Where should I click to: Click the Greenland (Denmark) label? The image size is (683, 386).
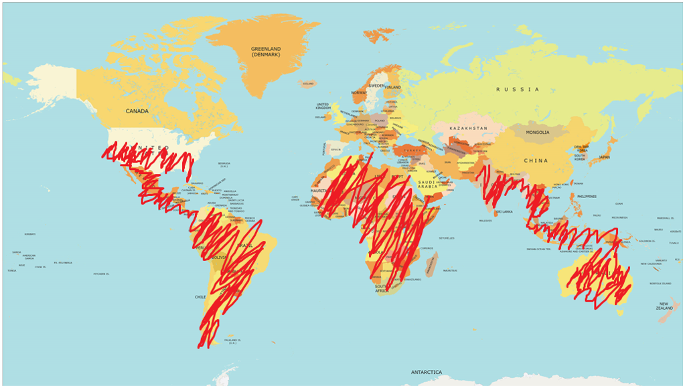[266, 52]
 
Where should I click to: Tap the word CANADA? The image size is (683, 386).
[137, 111]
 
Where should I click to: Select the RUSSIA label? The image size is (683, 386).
[518, 89]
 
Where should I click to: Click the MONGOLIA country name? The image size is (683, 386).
[537, 132]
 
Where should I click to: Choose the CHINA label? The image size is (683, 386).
[535, 161]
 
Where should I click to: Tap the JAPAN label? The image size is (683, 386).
[604, 157]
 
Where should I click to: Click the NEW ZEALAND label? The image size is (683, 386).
[664, 305]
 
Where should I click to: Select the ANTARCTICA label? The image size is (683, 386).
[427, 371]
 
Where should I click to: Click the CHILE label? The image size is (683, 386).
[200, 296]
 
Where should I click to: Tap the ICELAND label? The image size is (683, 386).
[308, 84]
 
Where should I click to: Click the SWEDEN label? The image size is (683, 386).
[377, 86]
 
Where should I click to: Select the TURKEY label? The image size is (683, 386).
[410, 151]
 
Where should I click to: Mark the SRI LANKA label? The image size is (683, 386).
[503, 211]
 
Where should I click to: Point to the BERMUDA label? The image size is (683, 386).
[224, 163]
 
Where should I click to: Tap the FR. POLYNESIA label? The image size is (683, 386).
[63, 263]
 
